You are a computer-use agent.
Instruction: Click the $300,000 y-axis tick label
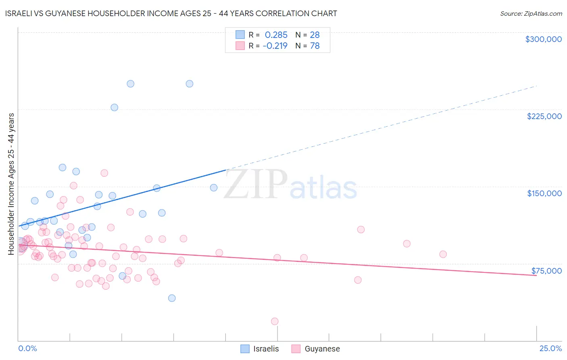click(x=543, y=39)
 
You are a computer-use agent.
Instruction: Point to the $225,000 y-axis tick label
click(x=544, y=116)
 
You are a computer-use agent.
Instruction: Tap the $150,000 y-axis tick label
click(x=544, y=193)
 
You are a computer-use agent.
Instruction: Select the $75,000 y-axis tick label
click(x=546, y=271)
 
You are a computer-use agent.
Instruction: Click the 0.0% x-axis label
click(x=27, y=348)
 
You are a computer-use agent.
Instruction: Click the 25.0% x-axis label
click(x=550, y=348)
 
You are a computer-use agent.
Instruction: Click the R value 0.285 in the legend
click(x=276, y=35)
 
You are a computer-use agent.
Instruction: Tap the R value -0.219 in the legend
click(x=275, y=46)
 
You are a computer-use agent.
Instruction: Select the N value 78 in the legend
click(x=315, y=46)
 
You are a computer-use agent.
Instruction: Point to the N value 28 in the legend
click(x=315, y=35)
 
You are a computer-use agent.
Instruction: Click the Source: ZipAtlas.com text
click(x=531, y=13)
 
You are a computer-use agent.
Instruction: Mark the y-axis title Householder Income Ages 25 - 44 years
click(x=11, y=184)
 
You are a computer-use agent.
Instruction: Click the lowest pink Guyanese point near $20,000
click(x=275, y=321)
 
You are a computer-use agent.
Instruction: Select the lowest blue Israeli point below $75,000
click(x=172, y=298)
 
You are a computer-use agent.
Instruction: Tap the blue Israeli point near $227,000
click(x=115, y=107)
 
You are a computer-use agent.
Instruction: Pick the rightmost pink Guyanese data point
click(x=443, y=254)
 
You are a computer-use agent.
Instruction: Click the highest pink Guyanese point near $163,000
click(x=104, y=173)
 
